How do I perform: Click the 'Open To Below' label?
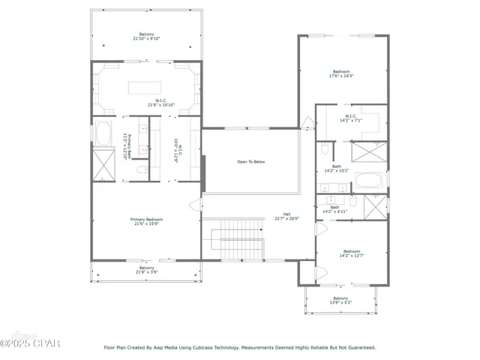(250, 161)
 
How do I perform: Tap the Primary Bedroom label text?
(148, 220)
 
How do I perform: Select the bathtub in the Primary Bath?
(103, 133)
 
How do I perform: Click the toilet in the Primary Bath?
(141, 172)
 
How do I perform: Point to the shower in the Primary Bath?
(102, 164)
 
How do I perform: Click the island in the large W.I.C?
(145, 88)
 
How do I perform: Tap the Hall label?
(286, 215)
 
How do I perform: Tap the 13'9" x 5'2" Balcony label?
(340, 301)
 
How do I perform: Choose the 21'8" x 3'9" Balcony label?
(146, 270)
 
